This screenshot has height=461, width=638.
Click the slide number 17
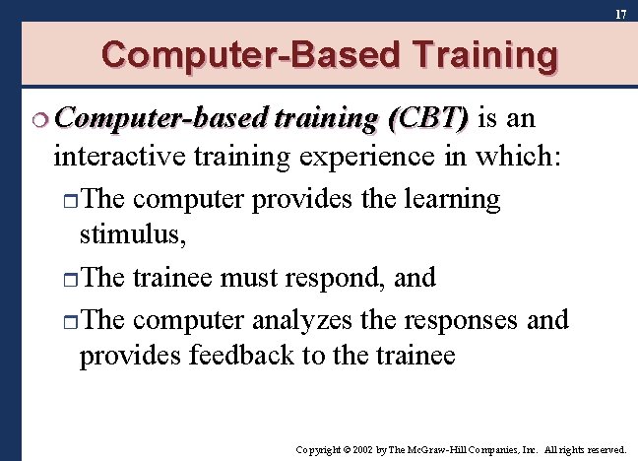[620, 14]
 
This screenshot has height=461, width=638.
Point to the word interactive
[121, 156]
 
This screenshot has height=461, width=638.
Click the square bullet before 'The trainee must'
[69, 280]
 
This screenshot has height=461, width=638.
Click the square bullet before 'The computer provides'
[69, 201]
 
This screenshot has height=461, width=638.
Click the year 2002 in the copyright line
[360, 448]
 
